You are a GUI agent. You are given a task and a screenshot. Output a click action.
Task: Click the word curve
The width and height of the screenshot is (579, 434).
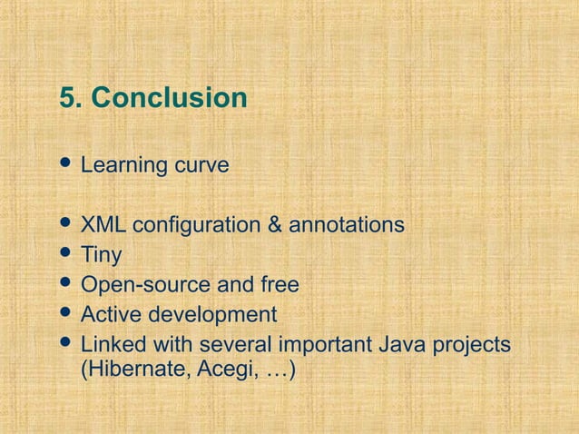(x=201, y=167)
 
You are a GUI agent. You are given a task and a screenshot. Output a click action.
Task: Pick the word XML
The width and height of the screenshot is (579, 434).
(x=102, y=224)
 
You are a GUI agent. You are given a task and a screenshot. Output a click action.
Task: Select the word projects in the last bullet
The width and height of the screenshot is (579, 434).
(x=474, y=346)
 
